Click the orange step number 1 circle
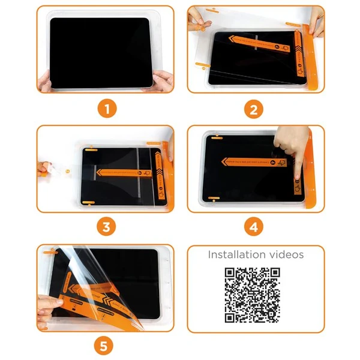coord(106,109)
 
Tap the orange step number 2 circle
coord(254,109)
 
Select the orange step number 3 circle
coord(106,227)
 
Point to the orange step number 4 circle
coord(254,227)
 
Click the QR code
coord(253,293)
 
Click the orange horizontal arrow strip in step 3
coord(123,172)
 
